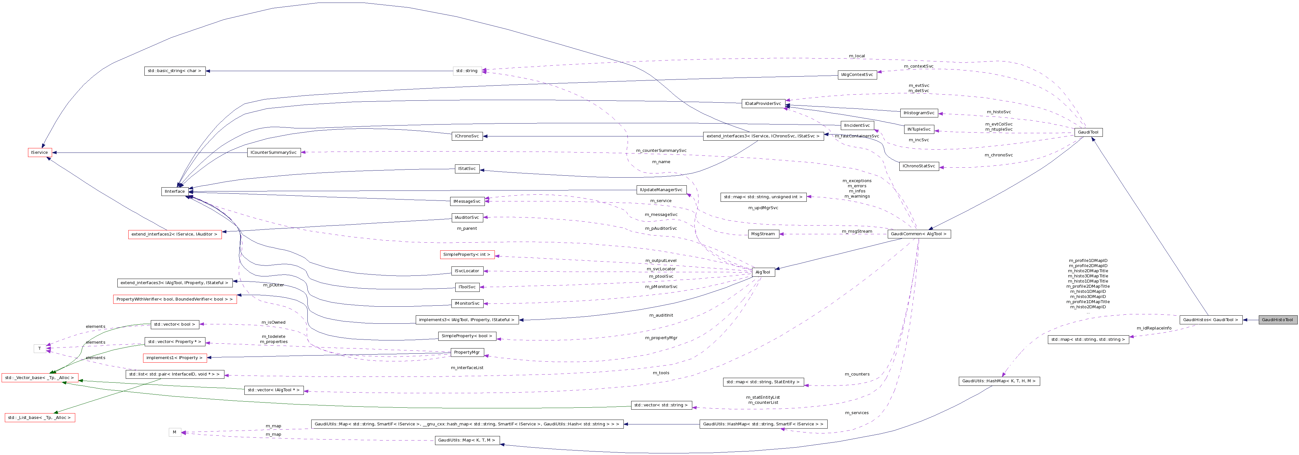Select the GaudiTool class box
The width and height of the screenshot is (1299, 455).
click(1088, 132)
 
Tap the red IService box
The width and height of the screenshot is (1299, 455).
click(39, 152)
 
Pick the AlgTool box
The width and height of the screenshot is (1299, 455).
click(762, 272)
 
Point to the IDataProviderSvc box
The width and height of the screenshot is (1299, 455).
click(763, 103)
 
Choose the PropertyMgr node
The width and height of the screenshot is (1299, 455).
click(467, 352)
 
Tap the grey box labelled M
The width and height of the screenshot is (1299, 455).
click(175, 432)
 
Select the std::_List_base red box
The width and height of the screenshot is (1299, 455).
click(40, 418)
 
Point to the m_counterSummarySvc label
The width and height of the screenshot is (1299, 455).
click(661, 150)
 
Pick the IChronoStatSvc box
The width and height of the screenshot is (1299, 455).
click(918, 166)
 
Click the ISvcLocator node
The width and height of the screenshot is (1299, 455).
click(467, 271)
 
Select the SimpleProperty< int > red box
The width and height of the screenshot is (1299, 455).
click(467, 255)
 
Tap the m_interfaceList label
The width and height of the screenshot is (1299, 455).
click(467, 368)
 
